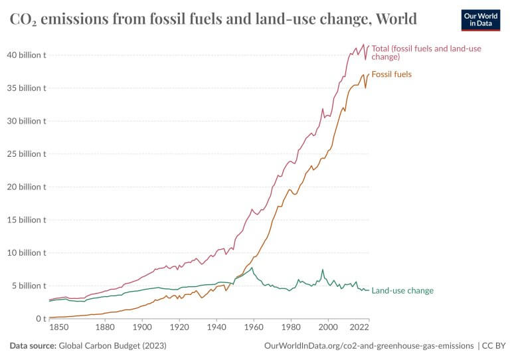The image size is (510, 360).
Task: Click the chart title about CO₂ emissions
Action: (x=213, y=19)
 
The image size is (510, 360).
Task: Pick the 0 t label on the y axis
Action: (x=41, y=319)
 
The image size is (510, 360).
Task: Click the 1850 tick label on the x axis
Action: (x=58, y=327)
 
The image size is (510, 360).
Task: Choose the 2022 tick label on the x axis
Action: (x=359, y=327)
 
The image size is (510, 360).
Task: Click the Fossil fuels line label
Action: (x=392, y=74)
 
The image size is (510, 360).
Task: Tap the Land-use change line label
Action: (x=402, y=290)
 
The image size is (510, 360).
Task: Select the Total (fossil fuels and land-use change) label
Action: (x=426, y=52)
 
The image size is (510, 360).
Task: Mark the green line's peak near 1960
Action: (x=252, y=268)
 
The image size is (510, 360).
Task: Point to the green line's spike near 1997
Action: (x=323, y=270)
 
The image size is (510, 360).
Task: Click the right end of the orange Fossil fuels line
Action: (x=369, y=74)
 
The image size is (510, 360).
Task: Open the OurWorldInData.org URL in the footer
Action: (x=369, y=346)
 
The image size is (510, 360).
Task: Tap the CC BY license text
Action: (x=494, y=346)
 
